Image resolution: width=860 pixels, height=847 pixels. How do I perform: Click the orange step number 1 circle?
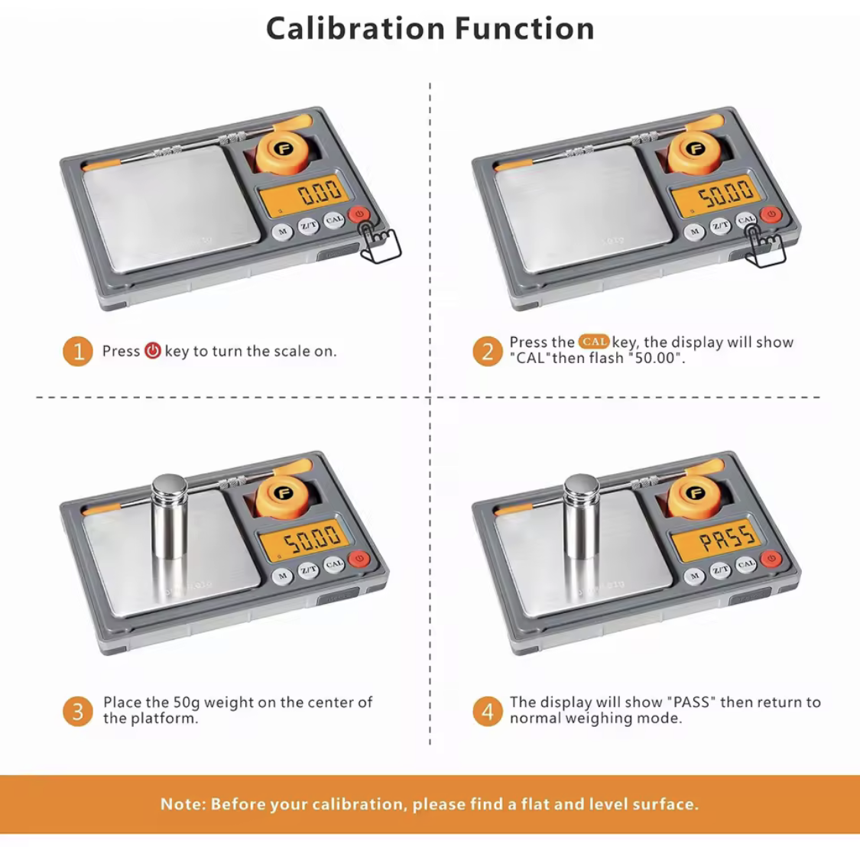[x=78, y=351]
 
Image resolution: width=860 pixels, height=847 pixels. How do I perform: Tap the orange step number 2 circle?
[x=488, y=351]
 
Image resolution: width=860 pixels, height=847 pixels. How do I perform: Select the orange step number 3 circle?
[x=78, y=711]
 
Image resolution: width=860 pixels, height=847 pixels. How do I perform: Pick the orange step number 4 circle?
[x=488, y=711]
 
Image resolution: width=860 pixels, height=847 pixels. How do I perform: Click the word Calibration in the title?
[x=355, y=28]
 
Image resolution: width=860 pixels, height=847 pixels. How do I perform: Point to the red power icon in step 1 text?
[x=152, y=351]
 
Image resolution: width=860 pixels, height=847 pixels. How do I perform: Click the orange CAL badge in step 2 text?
[x=594, y=342]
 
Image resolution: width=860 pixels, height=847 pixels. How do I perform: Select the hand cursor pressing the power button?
[x=378, y=242]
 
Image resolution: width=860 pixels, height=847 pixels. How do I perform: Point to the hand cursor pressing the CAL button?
[x=764, y=246]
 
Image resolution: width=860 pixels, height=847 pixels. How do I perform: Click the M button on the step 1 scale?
[x=282, y=232]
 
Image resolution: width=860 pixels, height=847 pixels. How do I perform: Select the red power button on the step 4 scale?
[x=771, y=559]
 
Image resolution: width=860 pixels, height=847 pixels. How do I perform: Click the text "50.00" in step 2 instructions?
[x=655, y=359]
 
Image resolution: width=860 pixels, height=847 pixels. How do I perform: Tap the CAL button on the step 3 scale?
[x=334, y=564]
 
